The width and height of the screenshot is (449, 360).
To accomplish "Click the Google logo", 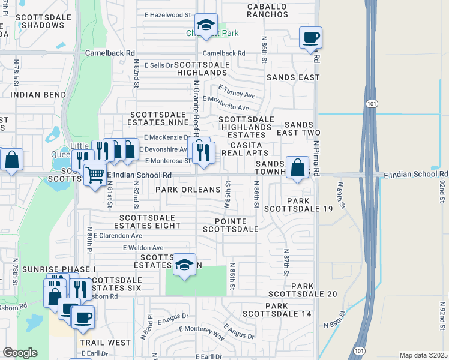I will [x=20, y=353].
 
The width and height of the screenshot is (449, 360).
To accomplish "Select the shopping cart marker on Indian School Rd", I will [x=95, y=175].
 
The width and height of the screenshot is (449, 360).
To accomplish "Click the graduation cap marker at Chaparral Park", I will [x=206, y=26].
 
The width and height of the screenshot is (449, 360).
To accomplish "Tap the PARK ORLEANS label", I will [x=188, y=190].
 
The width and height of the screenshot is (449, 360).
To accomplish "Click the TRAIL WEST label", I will [x=104, y=343].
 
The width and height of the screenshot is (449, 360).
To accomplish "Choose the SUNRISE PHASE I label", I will [x=59, y=269].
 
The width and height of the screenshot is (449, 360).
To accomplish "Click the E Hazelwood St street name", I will [x=167, y=13].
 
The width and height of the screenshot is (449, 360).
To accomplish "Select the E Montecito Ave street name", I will [x=226, y=107].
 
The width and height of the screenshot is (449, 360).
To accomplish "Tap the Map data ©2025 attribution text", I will [x=423, y=355].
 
